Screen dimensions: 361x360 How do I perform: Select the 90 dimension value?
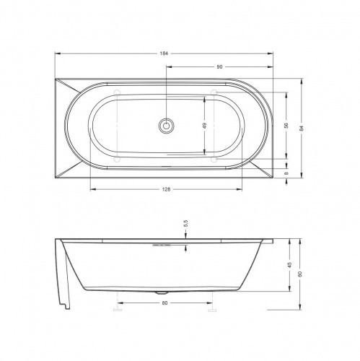point(219,66)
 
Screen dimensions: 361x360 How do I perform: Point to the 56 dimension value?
point(286,125)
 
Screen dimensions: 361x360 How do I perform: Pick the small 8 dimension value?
point(286,173)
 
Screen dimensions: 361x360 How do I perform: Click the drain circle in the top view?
point(166,126)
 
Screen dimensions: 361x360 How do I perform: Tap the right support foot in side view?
point(212,306)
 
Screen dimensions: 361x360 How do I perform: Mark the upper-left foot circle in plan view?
point(118,92)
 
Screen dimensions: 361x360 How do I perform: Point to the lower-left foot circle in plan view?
point(118,157)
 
